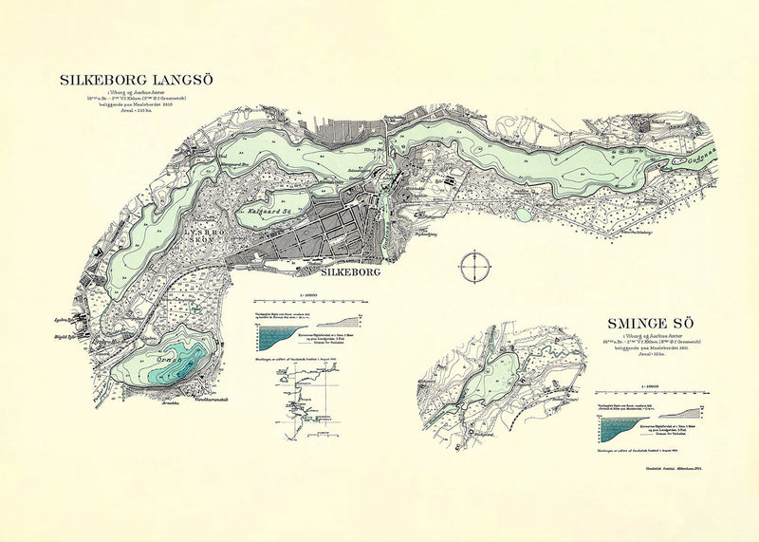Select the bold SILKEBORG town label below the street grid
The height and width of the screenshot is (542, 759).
(338, 272)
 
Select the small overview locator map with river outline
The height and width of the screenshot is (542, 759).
(304, 400)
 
